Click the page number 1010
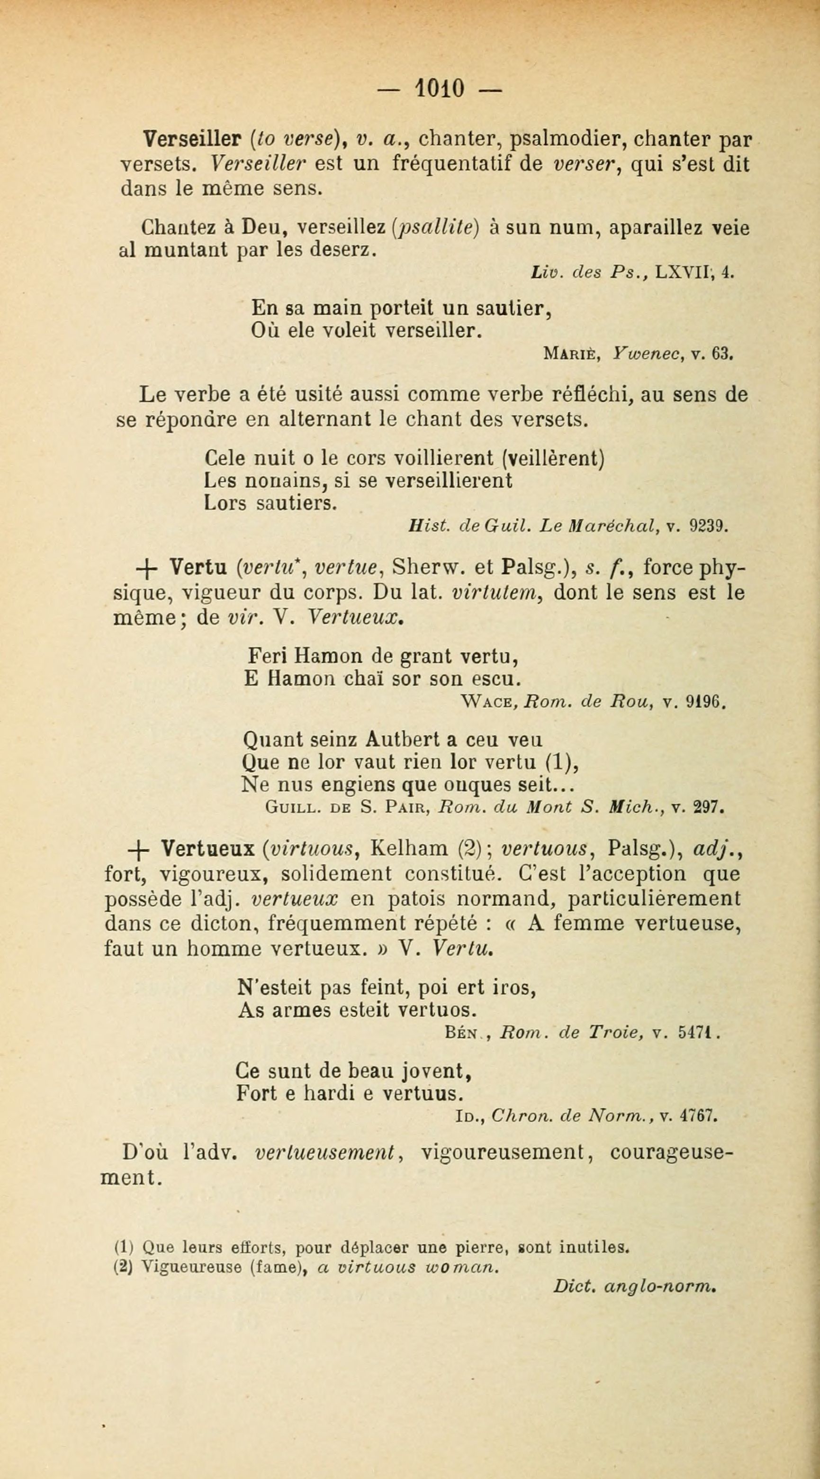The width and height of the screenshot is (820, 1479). pos(440,89)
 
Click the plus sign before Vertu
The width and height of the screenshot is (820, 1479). pos(145,570)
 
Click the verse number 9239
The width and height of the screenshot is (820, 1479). pos(708,526)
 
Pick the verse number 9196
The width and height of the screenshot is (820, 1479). pos(706,702)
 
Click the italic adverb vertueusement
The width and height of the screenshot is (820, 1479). pos(325,1153)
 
